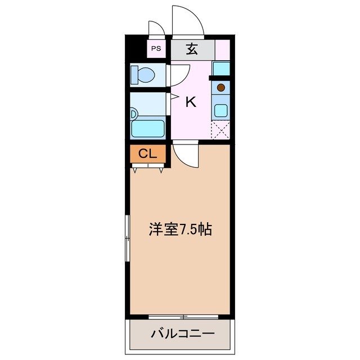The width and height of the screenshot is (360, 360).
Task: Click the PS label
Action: point(156,48)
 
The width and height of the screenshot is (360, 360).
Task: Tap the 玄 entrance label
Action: point(192,49)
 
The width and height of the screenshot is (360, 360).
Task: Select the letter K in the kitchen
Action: point(191,102)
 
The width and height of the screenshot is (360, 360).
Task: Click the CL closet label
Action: point(147,154)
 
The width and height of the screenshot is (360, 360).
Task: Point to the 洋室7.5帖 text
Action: point(180,229)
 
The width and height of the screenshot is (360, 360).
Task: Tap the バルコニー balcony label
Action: point(182,334)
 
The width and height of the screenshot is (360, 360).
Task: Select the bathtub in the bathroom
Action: point(147,128)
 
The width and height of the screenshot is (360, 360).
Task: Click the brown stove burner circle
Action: point(221,87)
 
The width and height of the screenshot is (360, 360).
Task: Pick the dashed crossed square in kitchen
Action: point(220,130)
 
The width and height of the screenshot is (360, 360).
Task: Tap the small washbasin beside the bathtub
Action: point(133,113)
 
